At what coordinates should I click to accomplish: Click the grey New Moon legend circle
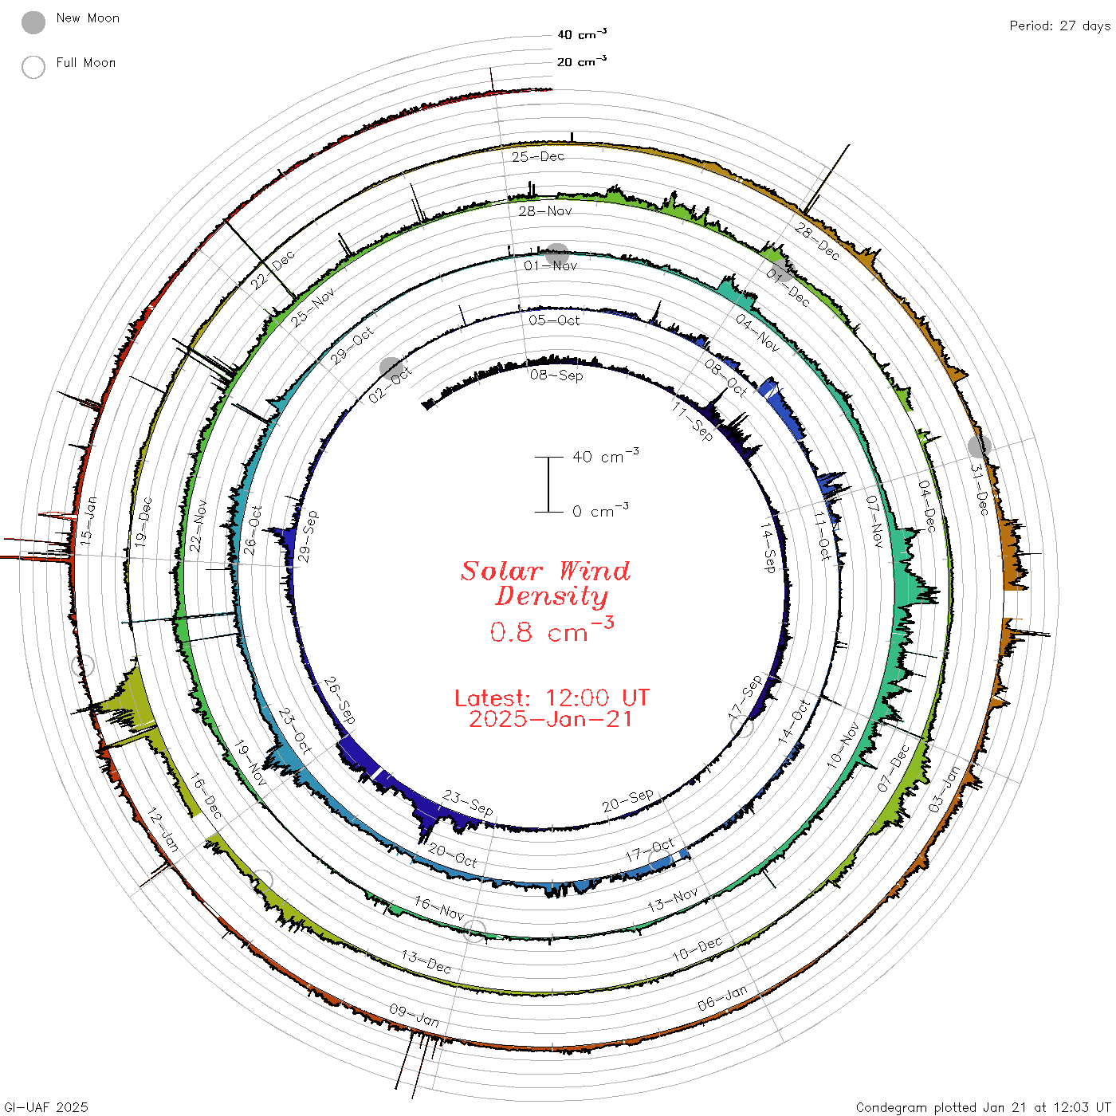[33, 22]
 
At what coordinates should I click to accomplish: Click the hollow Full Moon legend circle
[33, 67]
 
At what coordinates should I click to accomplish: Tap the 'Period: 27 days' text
[1060, 26]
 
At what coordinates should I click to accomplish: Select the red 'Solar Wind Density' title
[545, 584]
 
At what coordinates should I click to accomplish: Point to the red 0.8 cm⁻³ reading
[552, 630]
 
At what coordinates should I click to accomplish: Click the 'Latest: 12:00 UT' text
[552, 697]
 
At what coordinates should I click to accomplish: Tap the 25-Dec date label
[538, 156]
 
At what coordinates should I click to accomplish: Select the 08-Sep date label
[556, 375]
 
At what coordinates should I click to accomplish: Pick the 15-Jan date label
[88, 521]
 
